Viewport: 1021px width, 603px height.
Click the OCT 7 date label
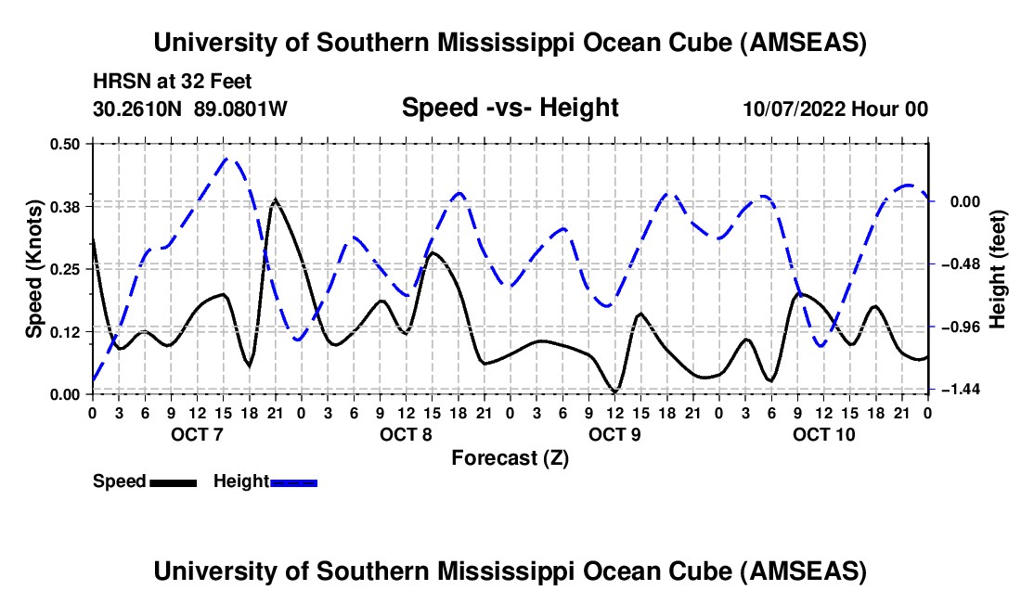(196, 434)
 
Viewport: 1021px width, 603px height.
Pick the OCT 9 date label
(614, 434)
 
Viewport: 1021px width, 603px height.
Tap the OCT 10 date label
(822, 434)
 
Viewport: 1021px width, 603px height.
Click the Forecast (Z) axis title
(510, 458)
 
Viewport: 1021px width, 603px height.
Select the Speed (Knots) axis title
(33, 268)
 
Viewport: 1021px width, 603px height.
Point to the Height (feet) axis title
(998, 268)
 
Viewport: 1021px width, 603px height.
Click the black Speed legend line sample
(173, 482)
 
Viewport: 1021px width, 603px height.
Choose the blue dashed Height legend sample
(293, 482)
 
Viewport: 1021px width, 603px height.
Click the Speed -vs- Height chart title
(510, 108)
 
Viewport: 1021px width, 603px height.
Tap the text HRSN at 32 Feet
(173, 82)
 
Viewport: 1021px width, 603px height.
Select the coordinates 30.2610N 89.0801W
(190, 109)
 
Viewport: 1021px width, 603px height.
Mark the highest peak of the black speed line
(275, 199)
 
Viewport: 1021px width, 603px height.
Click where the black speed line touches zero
(614, 391)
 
